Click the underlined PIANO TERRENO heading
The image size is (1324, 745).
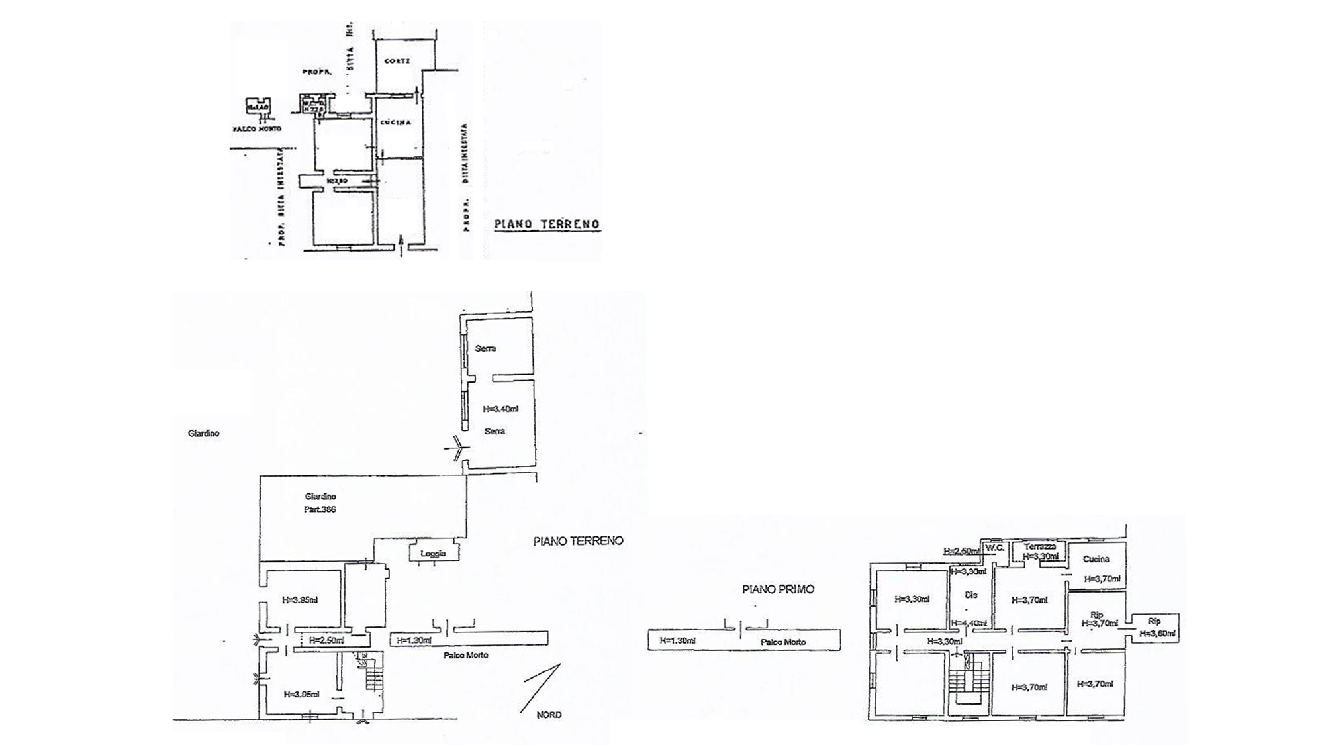[x=547, y=224]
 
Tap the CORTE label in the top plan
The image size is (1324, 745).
[x=397, y=61]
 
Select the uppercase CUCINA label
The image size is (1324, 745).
[x=396, y=123]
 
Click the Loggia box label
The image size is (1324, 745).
[x=433, y=553]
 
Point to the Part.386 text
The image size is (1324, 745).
[x=320, y=509]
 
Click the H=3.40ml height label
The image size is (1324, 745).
[x=501, y=409]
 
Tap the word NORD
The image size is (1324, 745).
[x=549, y=715]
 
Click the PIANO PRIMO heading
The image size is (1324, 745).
[x=778, y=589]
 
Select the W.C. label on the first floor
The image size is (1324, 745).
[x=994, y=548]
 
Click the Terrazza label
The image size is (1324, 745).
[x=1040, y=547]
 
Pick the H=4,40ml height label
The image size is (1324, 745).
[x=969, y=622]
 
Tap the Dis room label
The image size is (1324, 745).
[x=970, y=595]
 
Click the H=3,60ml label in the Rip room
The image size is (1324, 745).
[x=1157, y=634]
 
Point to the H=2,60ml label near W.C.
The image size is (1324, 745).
[x=961, y=551]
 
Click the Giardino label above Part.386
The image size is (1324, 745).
[x=320, y=496]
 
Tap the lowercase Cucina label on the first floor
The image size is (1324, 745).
[x=1096, y=559]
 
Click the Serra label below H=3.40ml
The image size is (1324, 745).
[x=495, y=431]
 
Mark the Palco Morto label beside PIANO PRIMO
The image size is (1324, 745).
[x=783, y=642]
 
